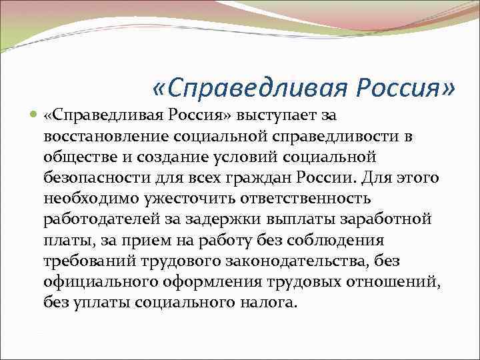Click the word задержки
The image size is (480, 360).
[x=220, y=220]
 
